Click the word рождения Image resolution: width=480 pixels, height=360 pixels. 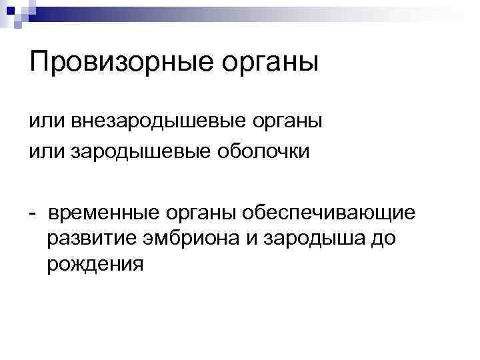coord(95,265)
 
